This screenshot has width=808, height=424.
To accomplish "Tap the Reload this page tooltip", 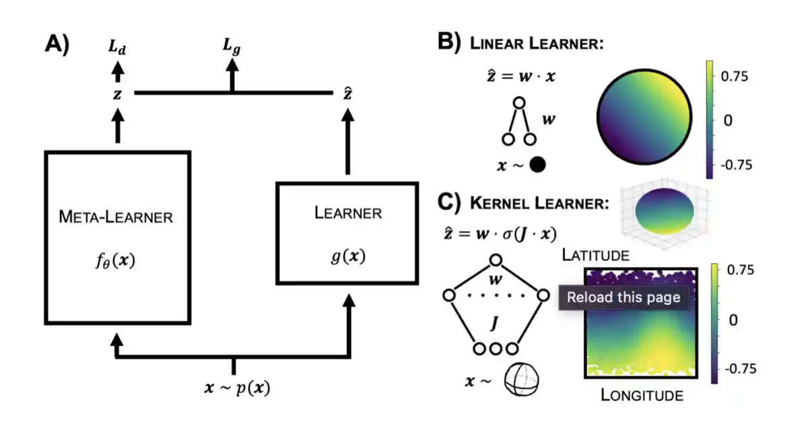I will [624, 297].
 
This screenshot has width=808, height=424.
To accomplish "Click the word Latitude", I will [596, 255].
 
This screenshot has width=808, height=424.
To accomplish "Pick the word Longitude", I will [642, 394].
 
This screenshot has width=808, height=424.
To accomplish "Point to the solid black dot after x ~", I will [537, 164].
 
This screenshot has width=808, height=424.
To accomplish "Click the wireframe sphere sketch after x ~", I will [524, 382].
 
